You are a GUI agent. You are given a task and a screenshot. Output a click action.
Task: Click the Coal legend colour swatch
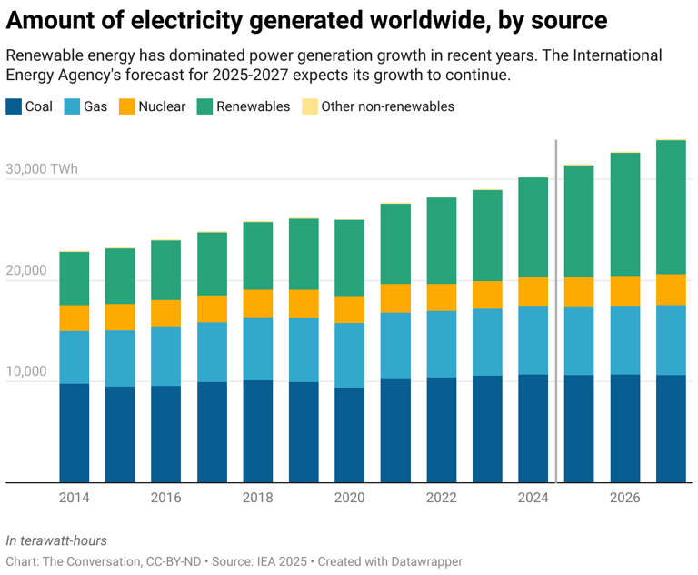click(x=14, y=106)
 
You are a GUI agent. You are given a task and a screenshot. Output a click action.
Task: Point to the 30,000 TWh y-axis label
click(x=42, y=170)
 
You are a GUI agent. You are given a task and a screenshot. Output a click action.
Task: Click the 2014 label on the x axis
click(x=74, y=498)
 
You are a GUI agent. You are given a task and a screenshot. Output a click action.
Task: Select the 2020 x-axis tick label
click(x=349, y=498)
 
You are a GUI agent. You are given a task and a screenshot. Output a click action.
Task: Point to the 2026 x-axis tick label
click(x=624, y=498)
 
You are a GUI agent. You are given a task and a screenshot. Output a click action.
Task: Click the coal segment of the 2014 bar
click(x=74, y=432)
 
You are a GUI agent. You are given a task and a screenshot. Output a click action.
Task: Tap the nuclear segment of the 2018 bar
click(x=257, y=303)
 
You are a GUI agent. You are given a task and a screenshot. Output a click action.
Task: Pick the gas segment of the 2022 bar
click(x=441, y=344)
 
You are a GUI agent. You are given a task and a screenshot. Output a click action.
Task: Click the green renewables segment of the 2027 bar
click(x=671, y=207)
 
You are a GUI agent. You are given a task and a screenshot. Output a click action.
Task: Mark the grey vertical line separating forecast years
click(x=556, y=309)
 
